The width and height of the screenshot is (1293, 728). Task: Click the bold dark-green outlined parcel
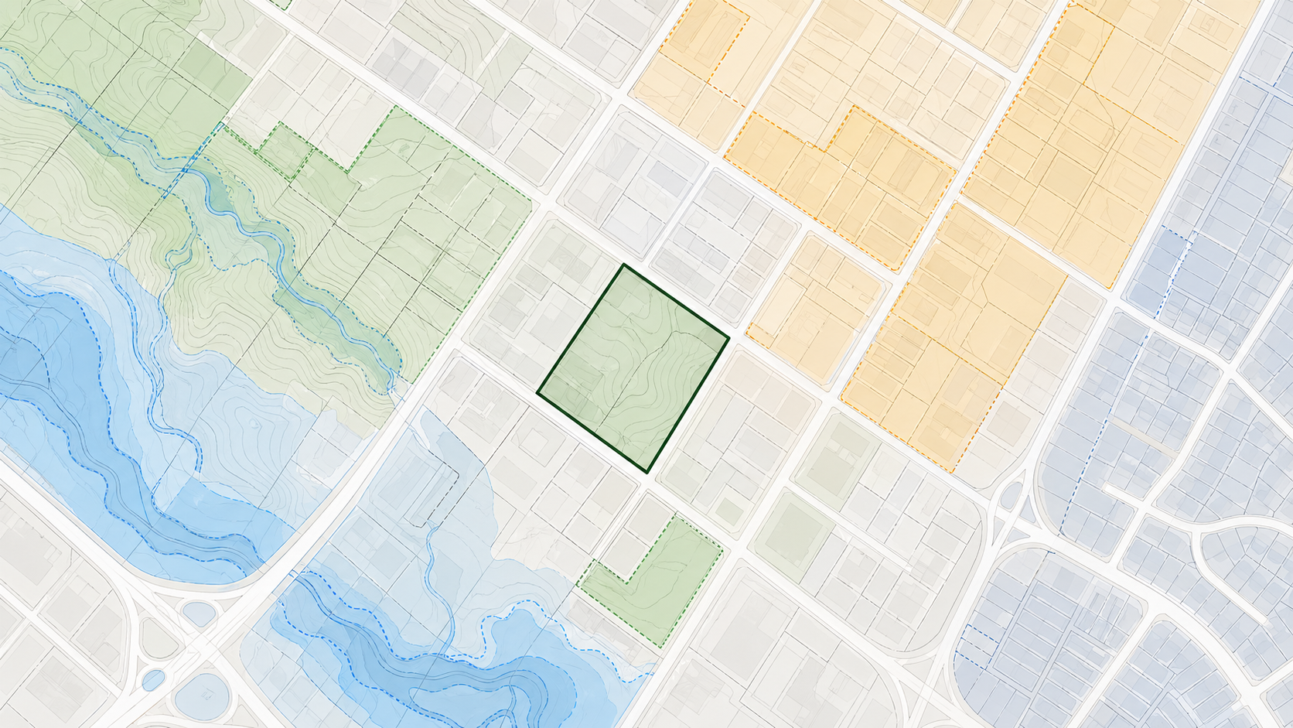coord(633,367)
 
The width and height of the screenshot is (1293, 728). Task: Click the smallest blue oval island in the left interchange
coord(153,680)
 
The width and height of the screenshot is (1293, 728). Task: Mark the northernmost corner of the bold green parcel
coord(623,265)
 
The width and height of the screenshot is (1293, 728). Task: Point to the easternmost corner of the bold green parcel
coord(728,337)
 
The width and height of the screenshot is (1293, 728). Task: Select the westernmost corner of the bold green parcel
coord(537,395)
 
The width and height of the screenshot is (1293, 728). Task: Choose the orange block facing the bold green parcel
coord(812,309)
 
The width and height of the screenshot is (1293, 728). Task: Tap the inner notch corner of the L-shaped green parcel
coord(627,581)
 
